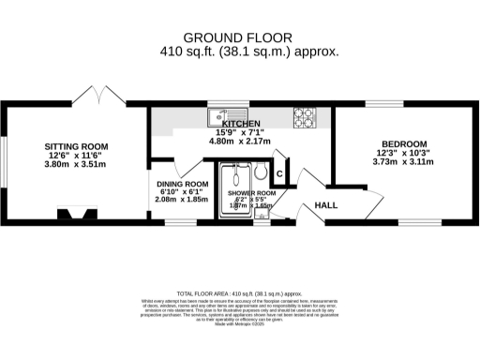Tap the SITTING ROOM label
point(77,147)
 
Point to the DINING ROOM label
point(182,184)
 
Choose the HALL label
point(325,204)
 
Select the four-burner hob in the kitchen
point(305,117)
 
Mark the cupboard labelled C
point(279,173)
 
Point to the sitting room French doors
point(98,97)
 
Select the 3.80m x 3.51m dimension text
point(77,165)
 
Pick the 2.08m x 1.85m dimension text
point(182,201)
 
